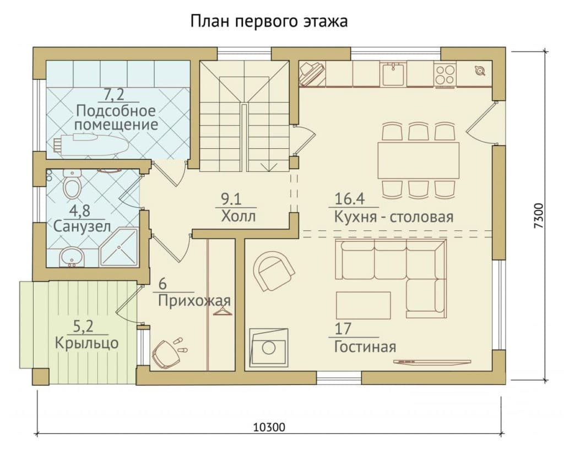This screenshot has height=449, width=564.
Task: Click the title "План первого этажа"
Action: click(269, 21)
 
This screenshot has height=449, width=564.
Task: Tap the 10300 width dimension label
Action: click(269, 427)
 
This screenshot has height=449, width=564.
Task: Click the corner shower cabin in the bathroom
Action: click(119, 247)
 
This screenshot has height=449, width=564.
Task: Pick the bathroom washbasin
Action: click(72, 257)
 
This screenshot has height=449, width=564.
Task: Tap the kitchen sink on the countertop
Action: click(393, 74)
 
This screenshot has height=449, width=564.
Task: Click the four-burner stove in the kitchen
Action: click(444, 74)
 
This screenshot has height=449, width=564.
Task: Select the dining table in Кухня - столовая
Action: click(419, 160)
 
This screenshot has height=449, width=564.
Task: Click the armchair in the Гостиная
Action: click(274, 271)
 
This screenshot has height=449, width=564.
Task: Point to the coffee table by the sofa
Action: click(364, 305)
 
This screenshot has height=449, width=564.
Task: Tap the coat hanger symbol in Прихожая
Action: click(223, 310)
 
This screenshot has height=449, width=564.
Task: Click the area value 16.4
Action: click(350, 198)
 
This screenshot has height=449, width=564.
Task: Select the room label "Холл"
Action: click(238, 217)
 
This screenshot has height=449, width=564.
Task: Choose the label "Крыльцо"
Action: click(86, 343)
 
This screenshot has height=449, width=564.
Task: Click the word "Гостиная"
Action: click(365, 347)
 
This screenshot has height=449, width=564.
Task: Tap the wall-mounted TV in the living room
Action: click(432, 361)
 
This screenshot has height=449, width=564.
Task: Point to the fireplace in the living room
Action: click(268, 347)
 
